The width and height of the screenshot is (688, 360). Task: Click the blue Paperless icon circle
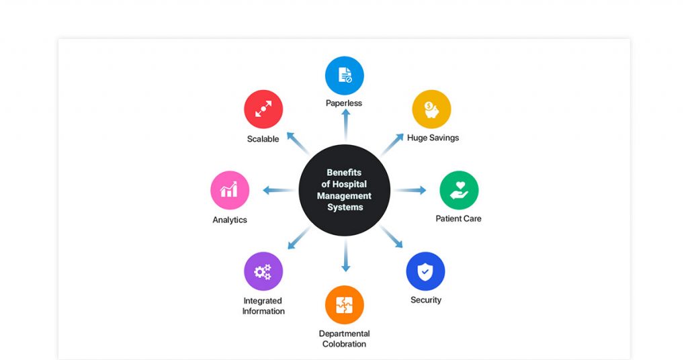(345, 75)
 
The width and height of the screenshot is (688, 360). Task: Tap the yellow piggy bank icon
(431, 109)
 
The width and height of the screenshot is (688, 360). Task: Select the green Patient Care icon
(459, 190)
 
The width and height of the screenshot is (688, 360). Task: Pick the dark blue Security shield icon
(425, 271)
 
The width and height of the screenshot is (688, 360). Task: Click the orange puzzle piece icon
(345, 305)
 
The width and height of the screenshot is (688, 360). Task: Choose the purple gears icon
(263, 271)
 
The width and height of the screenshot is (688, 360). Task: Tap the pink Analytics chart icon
(230, 190)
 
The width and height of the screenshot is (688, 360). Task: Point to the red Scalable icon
(263, 109)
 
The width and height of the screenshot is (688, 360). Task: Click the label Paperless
(344, 103)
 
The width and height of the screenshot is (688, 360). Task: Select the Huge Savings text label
(433, 138)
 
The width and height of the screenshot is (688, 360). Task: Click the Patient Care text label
(458, 218)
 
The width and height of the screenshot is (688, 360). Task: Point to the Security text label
(426, 300)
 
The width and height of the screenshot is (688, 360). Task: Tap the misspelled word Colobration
(344, 344)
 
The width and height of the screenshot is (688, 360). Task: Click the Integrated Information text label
(263, 306)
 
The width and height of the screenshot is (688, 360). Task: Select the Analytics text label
(230, 220)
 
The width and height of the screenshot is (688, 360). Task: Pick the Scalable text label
(263, 139)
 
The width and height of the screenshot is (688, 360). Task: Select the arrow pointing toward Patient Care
(411, 190)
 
